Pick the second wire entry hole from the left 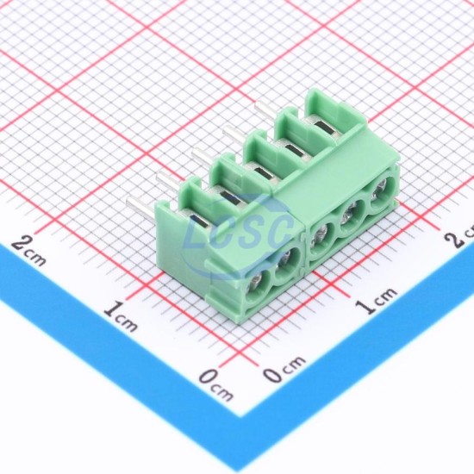pos(287,264)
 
